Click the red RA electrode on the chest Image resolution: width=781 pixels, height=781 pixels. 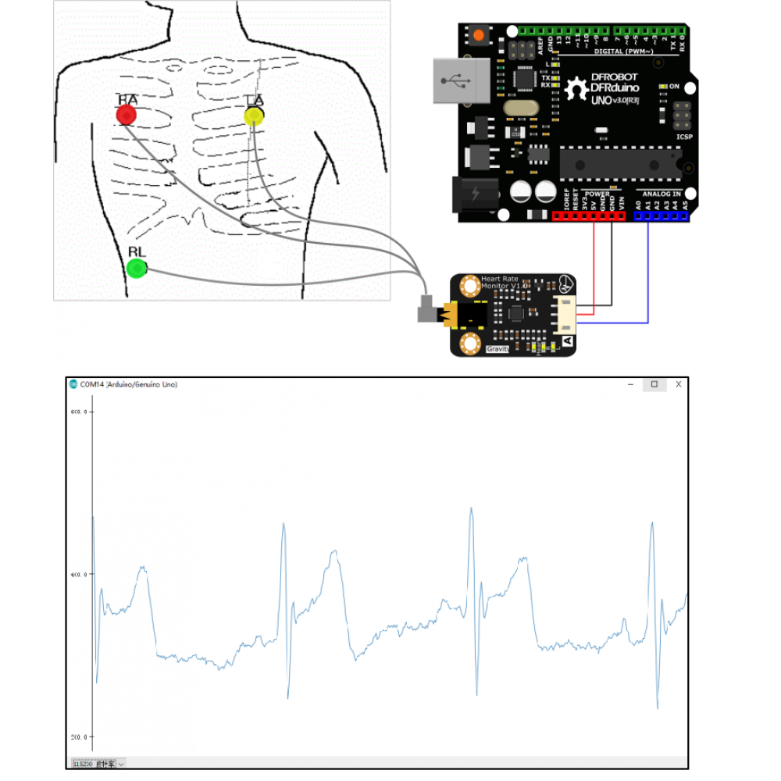tap(127, 116)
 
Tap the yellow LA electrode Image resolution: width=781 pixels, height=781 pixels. tap(254, 116)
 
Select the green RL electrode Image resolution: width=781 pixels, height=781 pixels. tap(137, 269)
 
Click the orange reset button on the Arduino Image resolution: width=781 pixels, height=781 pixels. tap(478, 34)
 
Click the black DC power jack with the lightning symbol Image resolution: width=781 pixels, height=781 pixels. tap(475, 195)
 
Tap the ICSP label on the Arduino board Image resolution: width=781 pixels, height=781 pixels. tap(683, 137)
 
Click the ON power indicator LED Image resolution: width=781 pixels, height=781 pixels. tap(663, 86)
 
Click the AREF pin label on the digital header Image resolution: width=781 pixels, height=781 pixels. tap(540, 46)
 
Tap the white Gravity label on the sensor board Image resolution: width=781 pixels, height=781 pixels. tap(497, 348)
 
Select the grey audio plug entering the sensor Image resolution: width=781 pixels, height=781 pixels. tap(426, 310)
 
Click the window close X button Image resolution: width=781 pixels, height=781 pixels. tap(679, 384)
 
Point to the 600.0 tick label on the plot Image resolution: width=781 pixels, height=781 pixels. tap(80, 412)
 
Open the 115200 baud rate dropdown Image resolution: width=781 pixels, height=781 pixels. tap(98, 764)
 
